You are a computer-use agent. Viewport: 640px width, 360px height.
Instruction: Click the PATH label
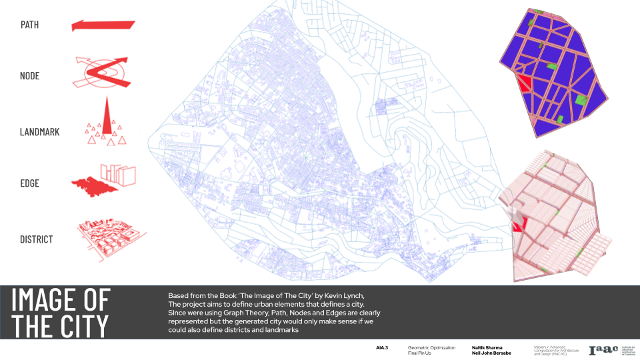tap(29, 25)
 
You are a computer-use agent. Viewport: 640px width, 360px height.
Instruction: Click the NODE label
tap(30, 76)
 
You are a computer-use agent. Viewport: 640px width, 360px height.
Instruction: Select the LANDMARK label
tap(39, 132)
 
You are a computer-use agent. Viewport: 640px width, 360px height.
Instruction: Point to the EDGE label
tap(30, 184)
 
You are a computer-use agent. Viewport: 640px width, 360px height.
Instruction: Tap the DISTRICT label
tap(36, 239)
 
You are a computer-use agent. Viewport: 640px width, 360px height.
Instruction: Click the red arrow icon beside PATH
tap(103, 25)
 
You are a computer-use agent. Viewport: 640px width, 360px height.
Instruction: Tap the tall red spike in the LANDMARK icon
tap(105, 117)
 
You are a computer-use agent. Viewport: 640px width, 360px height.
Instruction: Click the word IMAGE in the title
tap(61, 301)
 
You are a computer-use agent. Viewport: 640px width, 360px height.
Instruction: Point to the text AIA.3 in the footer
tap(382, 348)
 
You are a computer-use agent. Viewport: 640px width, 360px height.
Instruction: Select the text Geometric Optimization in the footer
tap(431, 347)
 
